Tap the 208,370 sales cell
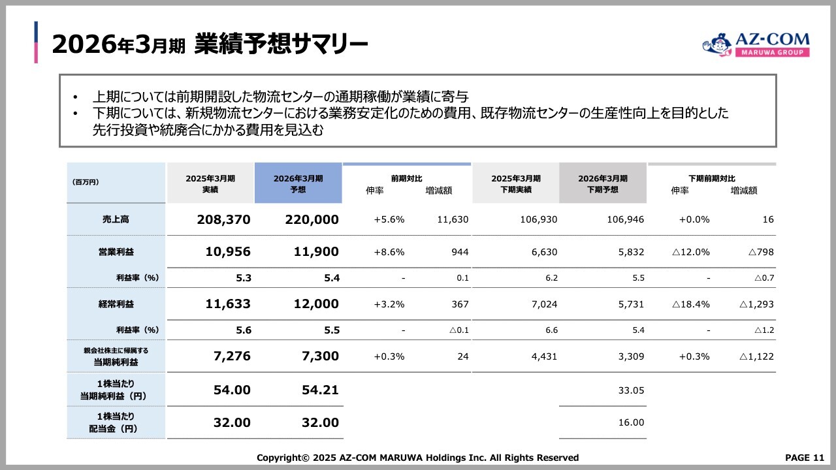(x=223, y=220)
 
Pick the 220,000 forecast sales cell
(x=312, y=220)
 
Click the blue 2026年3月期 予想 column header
(x=298, y=183)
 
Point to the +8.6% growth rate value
(x=389, y=252)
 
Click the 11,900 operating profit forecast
(x=312, y=252)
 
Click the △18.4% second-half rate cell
(x=691, y=304)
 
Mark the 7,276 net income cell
(x=231, y=356)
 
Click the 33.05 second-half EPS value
(x=631, y=390)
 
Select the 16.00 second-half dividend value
(x=631, y=423)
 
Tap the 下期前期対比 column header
(x=711, y=178)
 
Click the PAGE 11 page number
(x=804, y=458)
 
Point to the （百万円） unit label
(x=86, y=183)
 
